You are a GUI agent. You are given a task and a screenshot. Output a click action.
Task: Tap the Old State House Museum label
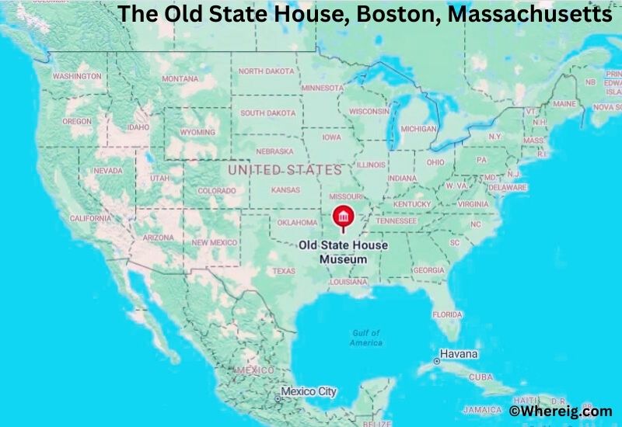[344, 252]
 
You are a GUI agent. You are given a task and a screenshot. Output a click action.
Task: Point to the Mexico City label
[309, 391]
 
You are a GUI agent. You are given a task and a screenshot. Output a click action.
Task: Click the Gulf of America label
[365, 338]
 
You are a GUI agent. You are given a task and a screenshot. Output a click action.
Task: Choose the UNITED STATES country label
[285, 169]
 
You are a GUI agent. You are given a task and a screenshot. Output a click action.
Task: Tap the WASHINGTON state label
[77, 76]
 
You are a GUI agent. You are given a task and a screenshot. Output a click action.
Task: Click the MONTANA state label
[180, 78]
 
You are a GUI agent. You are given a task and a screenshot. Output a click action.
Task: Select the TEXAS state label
[284, 271]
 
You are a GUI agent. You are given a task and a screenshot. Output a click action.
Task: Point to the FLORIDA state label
[447, 314]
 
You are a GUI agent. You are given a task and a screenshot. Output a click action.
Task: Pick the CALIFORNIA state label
[91, 218]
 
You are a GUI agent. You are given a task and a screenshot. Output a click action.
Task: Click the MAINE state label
[564, 103]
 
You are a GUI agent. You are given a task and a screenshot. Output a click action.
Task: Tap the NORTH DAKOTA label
[267, 71]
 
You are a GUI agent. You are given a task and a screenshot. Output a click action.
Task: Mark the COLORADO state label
[216, 190]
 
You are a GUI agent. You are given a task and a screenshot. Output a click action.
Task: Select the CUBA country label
[480, 377]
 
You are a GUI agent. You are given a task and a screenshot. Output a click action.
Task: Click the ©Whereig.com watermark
[560, 411]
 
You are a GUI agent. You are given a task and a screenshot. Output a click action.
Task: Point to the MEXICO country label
[255, 370]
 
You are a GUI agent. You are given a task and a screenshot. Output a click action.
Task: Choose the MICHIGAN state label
[418, 128]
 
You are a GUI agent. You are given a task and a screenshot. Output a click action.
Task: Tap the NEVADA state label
[107, 170]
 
